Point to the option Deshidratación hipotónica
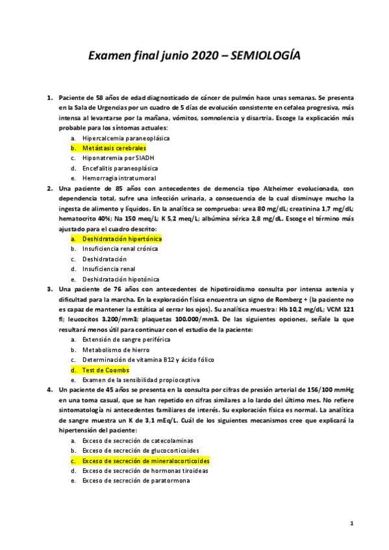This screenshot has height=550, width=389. point(121,278)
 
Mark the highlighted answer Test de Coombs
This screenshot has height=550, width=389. point(106,370)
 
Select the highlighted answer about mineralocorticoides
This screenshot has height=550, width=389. point(146,460)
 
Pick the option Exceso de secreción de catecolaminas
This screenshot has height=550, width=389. point(140,440)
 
